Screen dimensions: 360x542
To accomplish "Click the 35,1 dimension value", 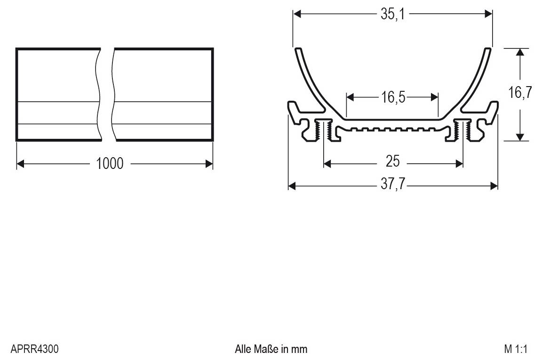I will [x=392, y=14].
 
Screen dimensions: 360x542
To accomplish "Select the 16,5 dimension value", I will [x=393, y=97].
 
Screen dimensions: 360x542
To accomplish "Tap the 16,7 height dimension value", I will [x=520, y=93].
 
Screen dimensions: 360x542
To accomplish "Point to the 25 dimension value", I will [x=392, y=162].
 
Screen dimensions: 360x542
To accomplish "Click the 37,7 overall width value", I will [x=392, y=185].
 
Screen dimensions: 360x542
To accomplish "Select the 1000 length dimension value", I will [x=110, y=164].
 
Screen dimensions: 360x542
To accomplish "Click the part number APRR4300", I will [x=34, y=349].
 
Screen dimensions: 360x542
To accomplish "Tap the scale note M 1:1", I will [x=516, y=349].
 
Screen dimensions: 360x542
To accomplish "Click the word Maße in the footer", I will [x=266, y=349].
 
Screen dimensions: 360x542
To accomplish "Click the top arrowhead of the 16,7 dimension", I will [x=519, y=52].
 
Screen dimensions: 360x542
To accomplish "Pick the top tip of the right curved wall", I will [x=488, y=49].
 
